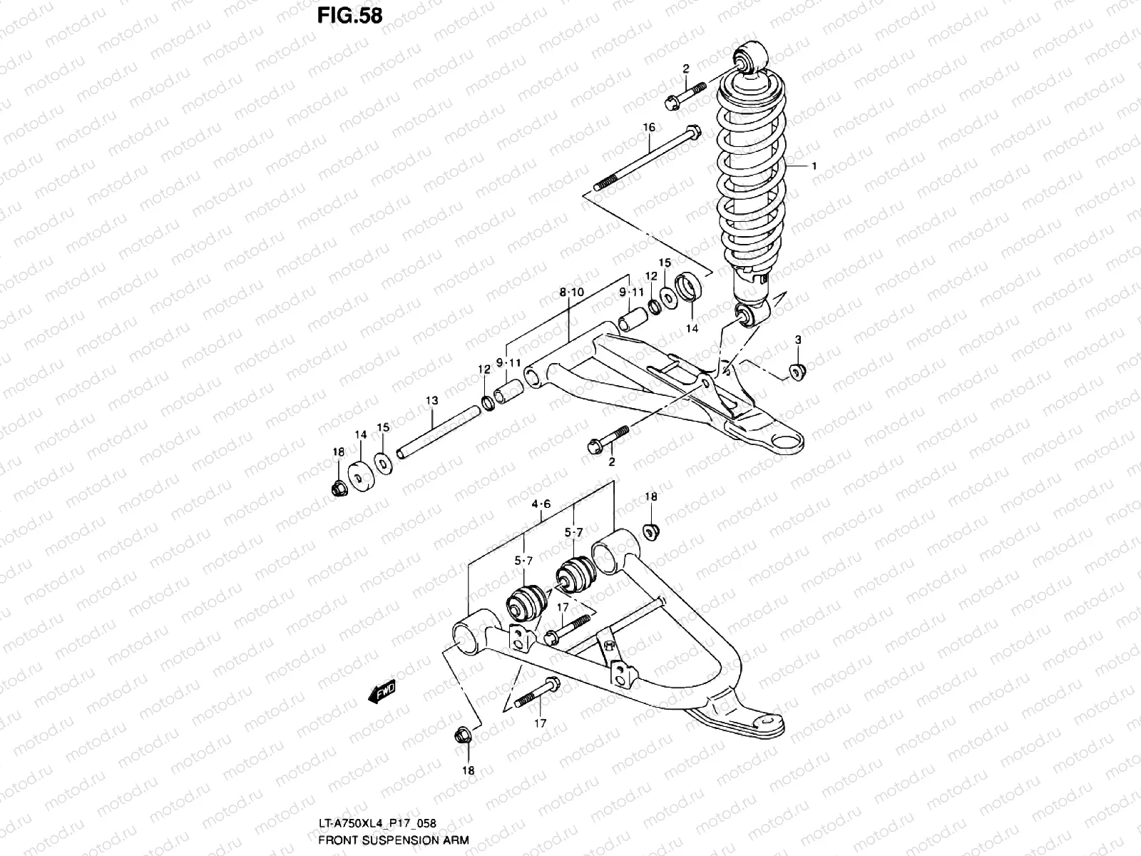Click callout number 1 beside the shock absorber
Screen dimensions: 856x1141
[814, 165]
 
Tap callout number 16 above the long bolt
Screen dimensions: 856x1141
[648, 128]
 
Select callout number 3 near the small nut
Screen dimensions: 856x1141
[798, 340]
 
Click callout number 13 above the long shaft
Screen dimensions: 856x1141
[431, 401]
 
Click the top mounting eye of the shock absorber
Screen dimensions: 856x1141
[752, 58]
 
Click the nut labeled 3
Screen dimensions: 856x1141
[797, 371]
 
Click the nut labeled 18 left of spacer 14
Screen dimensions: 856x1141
[339, 488]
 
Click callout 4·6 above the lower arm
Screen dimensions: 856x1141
[541, 504]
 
